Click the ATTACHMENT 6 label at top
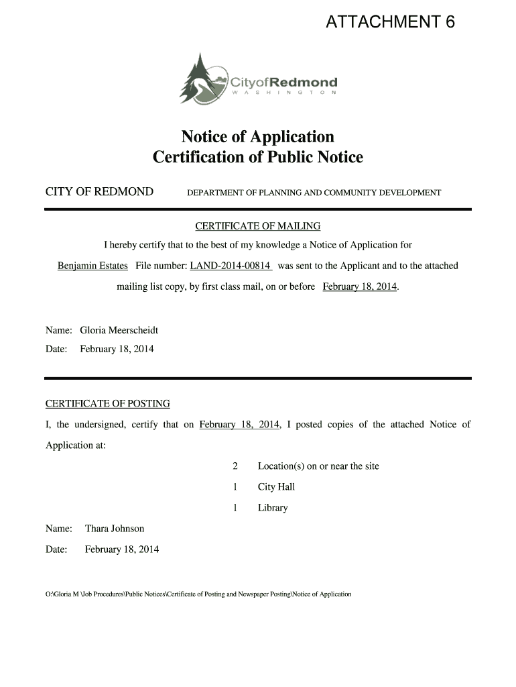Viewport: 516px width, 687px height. (x=390, y=23)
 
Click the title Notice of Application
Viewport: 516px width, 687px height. (x=257, y=137)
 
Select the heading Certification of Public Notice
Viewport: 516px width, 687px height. (x=257, y=158)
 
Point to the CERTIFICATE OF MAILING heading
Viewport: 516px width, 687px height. (x=257, y=226)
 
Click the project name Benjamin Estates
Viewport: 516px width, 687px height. (x=92, y=266)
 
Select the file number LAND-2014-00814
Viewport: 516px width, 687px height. (x=231, y=266)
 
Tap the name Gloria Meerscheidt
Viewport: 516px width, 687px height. (x=119, y=330)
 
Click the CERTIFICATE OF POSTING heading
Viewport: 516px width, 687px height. (x=107, y=404)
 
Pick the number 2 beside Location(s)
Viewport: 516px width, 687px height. (x=235, y=466)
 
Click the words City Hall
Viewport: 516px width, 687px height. (x=276, y=487)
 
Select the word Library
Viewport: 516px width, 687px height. (x=273, y=508)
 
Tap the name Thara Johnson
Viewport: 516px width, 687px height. (x=115, y=529)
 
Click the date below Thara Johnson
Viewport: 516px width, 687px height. (x=122, y=549)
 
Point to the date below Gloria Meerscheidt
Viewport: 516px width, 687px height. (x=117, y=349)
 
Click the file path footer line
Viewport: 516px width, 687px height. (x=198, y=594)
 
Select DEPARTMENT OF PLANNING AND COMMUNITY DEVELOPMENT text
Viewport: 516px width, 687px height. (x=314, y=193)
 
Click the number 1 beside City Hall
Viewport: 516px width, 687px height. (x=235, y=487)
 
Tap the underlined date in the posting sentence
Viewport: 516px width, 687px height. (x=239, y=425)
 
